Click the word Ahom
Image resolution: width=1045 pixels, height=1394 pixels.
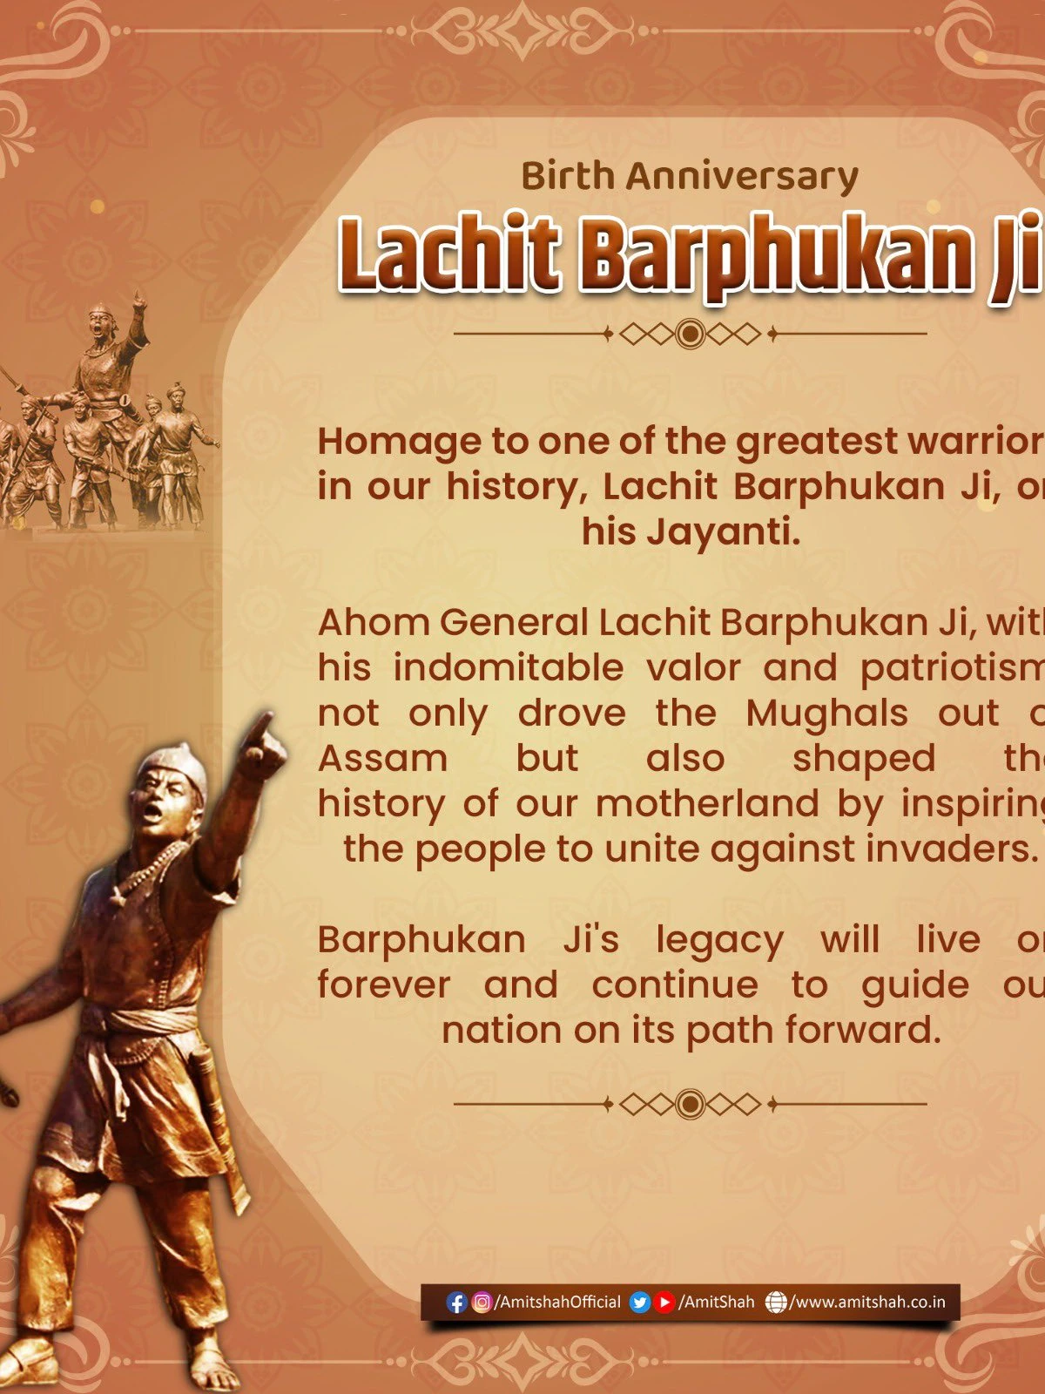(373, 623)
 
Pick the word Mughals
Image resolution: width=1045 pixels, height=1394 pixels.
(826, 714)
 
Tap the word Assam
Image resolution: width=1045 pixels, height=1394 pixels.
(382, 759)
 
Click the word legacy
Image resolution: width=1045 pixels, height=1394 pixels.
(719, 940)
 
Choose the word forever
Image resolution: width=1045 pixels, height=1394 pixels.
(384, 985)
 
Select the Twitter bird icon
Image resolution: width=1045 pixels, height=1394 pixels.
(640, 1303)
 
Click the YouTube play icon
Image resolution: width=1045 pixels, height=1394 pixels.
(665, 1303)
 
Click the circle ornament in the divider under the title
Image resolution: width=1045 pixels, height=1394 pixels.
(691, 333)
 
